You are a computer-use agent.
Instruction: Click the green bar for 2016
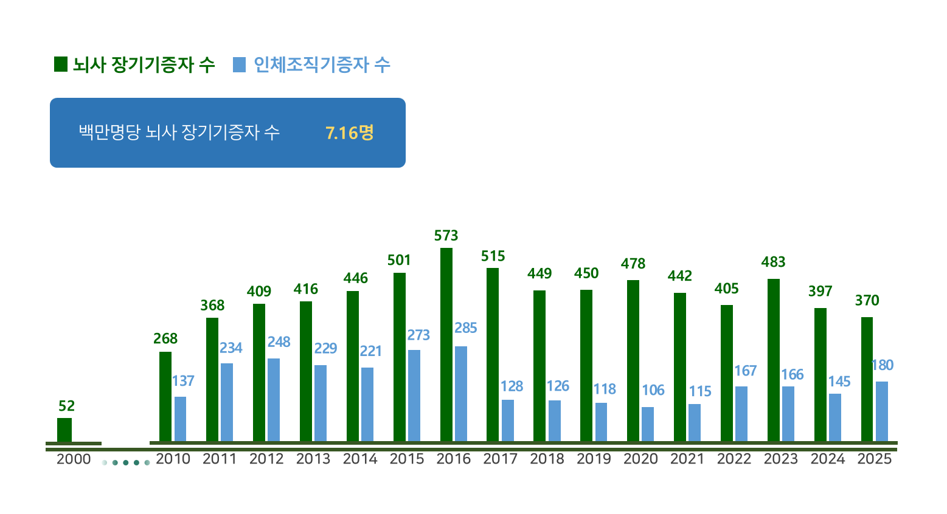click(446, 344)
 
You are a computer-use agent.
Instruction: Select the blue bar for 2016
click(461, 393)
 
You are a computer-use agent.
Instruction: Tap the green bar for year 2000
click(64, 430)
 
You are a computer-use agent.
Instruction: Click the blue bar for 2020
click(648, 423)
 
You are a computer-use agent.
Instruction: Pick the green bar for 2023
click(774, 360)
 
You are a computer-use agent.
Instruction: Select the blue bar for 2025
click(882, 411)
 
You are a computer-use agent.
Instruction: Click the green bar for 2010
click(165, 396)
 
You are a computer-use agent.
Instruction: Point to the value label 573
click(446, 236)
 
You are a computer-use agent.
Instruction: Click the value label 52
click(66, 406)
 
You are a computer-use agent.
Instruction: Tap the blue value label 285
click(466, 328)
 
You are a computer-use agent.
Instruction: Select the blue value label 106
click(653, 390)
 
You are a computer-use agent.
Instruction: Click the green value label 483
click(773, 262)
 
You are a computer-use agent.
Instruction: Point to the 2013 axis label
click(313, 459)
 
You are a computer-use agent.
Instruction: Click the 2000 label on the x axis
click(74, 459)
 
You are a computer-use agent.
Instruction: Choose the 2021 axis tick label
click(687, 459)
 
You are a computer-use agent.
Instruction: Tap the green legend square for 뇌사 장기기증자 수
click(61, 64)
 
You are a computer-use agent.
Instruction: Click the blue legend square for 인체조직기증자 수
click(240, 64)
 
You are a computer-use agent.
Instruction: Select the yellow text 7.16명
click(350, 132)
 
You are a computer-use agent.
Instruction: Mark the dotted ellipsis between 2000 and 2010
click(126, 463)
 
